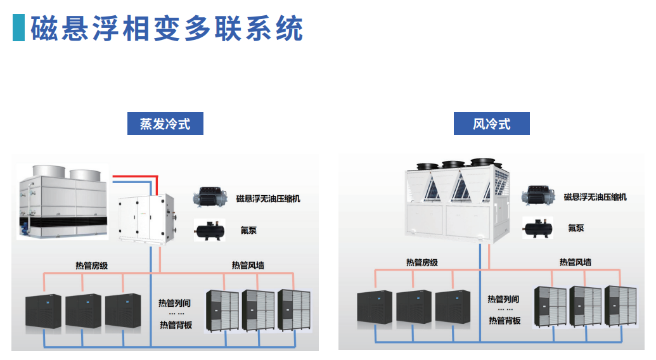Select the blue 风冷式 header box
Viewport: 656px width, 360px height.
pos(491,124)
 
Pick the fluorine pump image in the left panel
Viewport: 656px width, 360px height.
pos(210,229)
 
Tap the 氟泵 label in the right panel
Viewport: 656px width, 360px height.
pos(576,228)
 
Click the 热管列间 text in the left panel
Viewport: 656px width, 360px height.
pos(175,303)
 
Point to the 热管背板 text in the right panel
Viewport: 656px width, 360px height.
pos(505,321)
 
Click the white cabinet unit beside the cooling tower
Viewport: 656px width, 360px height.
pos(146,218)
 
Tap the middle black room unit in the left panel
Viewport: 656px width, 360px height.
pos(83,312)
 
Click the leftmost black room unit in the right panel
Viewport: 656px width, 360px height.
pos(375,308)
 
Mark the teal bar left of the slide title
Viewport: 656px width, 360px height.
pos(18,29)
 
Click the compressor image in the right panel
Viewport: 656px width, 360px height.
pos(539,196)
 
